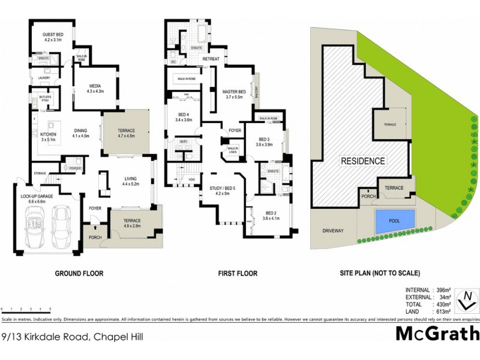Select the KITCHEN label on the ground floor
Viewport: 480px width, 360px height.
point(48,134)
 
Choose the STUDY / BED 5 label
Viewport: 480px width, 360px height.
point(223,189)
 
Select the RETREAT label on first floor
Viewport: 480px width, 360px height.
point(211,59)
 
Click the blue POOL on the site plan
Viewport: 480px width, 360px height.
point(394,221)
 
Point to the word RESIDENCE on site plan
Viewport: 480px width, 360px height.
point(363,161)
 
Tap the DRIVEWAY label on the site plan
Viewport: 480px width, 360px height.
point(332,229)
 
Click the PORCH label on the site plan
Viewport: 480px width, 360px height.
point(366,196)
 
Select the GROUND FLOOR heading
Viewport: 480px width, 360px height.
point(79,274)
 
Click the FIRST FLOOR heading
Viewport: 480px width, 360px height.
point(238,274)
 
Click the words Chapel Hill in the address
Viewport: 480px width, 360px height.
point(124,340)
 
